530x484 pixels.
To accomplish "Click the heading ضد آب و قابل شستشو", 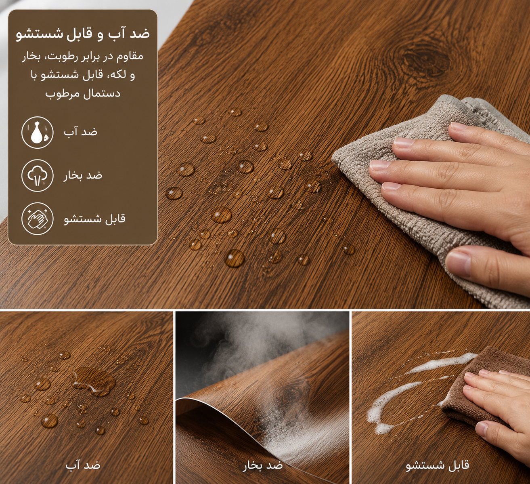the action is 83,34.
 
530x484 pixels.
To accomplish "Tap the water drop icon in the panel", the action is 37,132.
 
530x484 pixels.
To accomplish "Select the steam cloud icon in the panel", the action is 37,175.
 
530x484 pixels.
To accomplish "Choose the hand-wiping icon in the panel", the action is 37,219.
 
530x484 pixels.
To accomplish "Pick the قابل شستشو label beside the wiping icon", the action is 94,219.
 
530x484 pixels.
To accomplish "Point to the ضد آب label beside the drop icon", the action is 81,131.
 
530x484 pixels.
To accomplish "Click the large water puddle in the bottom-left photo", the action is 94,382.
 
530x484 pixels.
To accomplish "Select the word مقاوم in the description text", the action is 130,56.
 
